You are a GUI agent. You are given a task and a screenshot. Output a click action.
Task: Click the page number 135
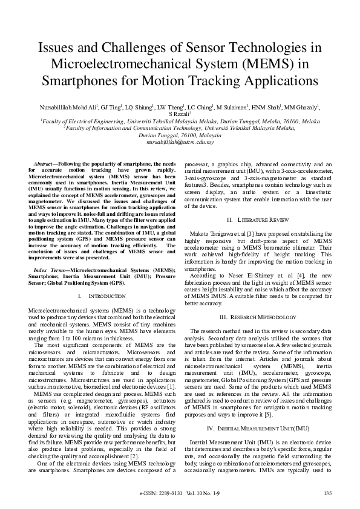point(328,493)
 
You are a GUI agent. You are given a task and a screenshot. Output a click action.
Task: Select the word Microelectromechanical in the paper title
point(121,63)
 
